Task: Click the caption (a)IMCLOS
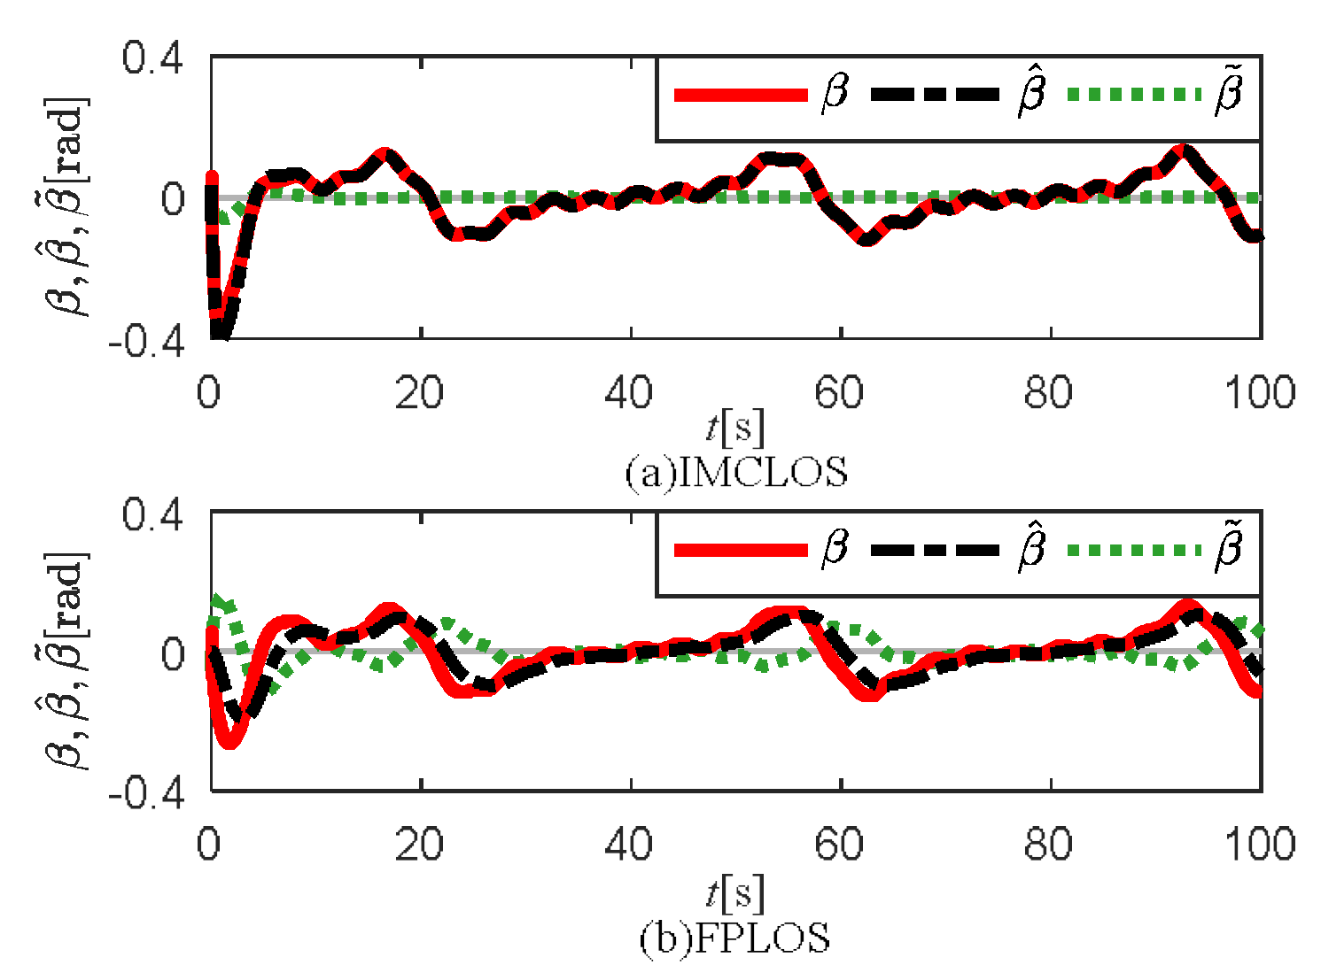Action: click(x=736, y=473)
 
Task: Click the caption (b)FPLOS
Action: click(x=734, y=938)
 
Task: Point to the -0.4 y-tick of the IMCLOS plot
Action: click(x=146, y=341)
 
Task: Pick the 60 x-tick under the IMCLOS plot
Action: click(x=840, y=393)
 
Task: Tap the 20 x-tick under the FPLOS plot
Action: click(x=420, y=846)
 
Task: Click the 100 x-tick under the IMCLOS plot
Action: click(x=1259, y=393)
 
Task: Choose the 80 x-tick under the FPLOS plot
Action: click(x=1049, y=846)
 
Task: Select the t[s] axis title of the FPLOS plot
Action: click(x=735, y=894)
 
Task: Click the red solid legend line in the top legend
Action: click(x=741, y=95)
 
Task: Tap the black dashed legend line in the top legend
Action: click(x=937, y=95)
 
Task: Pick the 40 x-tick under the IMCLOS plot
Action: click(x=630, y=393)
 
